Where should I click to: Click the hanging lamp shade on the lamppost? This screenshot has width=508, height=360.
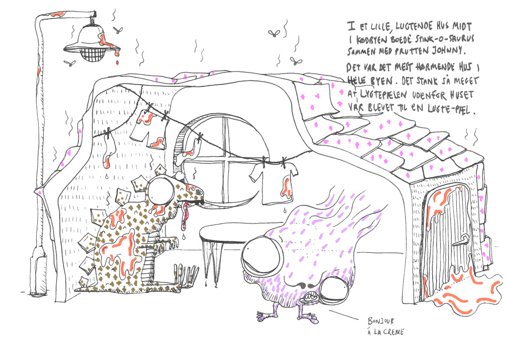click(x=92, y=44)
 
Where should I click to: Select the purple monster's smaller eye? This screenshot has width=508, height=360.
click(x=334, y=291)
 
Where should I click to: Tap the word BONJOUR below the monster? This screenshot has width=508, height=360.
click(x=381, y=321)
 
